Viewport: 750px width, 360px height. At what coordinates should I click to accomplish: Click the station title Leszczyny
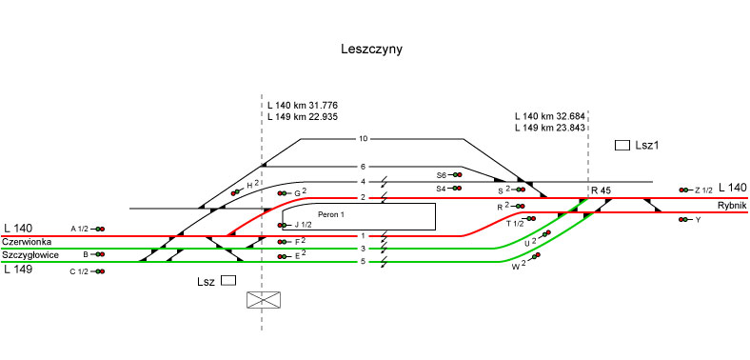[371, 50]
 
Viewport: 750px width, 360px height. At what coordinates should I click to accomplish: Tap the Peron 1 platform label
[330, 215]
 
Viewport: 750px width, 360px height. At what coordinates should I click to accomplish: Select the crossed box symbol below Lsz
[264, 300]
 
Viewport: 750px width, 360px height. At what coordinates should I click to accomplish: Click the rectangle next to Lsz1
[622, 145]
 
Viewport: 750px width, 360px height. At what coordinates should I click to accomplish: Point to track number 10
[363, 139]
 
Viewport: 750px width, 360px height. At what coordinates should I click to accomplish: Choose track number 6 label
[363, 167]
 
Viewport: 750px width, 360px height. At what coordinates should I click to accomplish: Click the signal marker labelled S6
[454, 174]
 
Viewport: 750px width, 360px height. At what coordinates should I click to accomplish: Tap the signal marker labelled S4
[454, 189]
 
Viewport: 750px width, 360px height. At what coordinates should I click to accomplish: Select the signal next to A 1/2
[98, 230]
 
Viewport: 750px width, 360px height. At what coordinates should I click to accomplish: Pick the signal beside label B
[98, 254]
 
